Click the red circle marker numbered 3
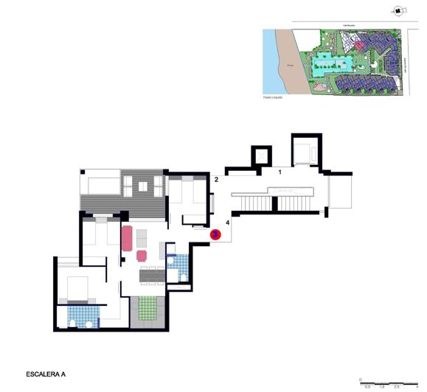point(215,234)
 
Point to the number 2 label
point(217,179)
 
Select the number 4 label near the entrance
point(228,222)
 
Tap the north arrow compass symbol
point(398,11)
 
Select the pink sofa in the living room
point(127,239)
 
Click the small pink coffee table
point(142,256)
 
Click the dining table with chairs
point(153,275)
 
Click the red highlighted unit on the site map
point(359,46)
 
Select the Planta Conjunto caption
point(273,96)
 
